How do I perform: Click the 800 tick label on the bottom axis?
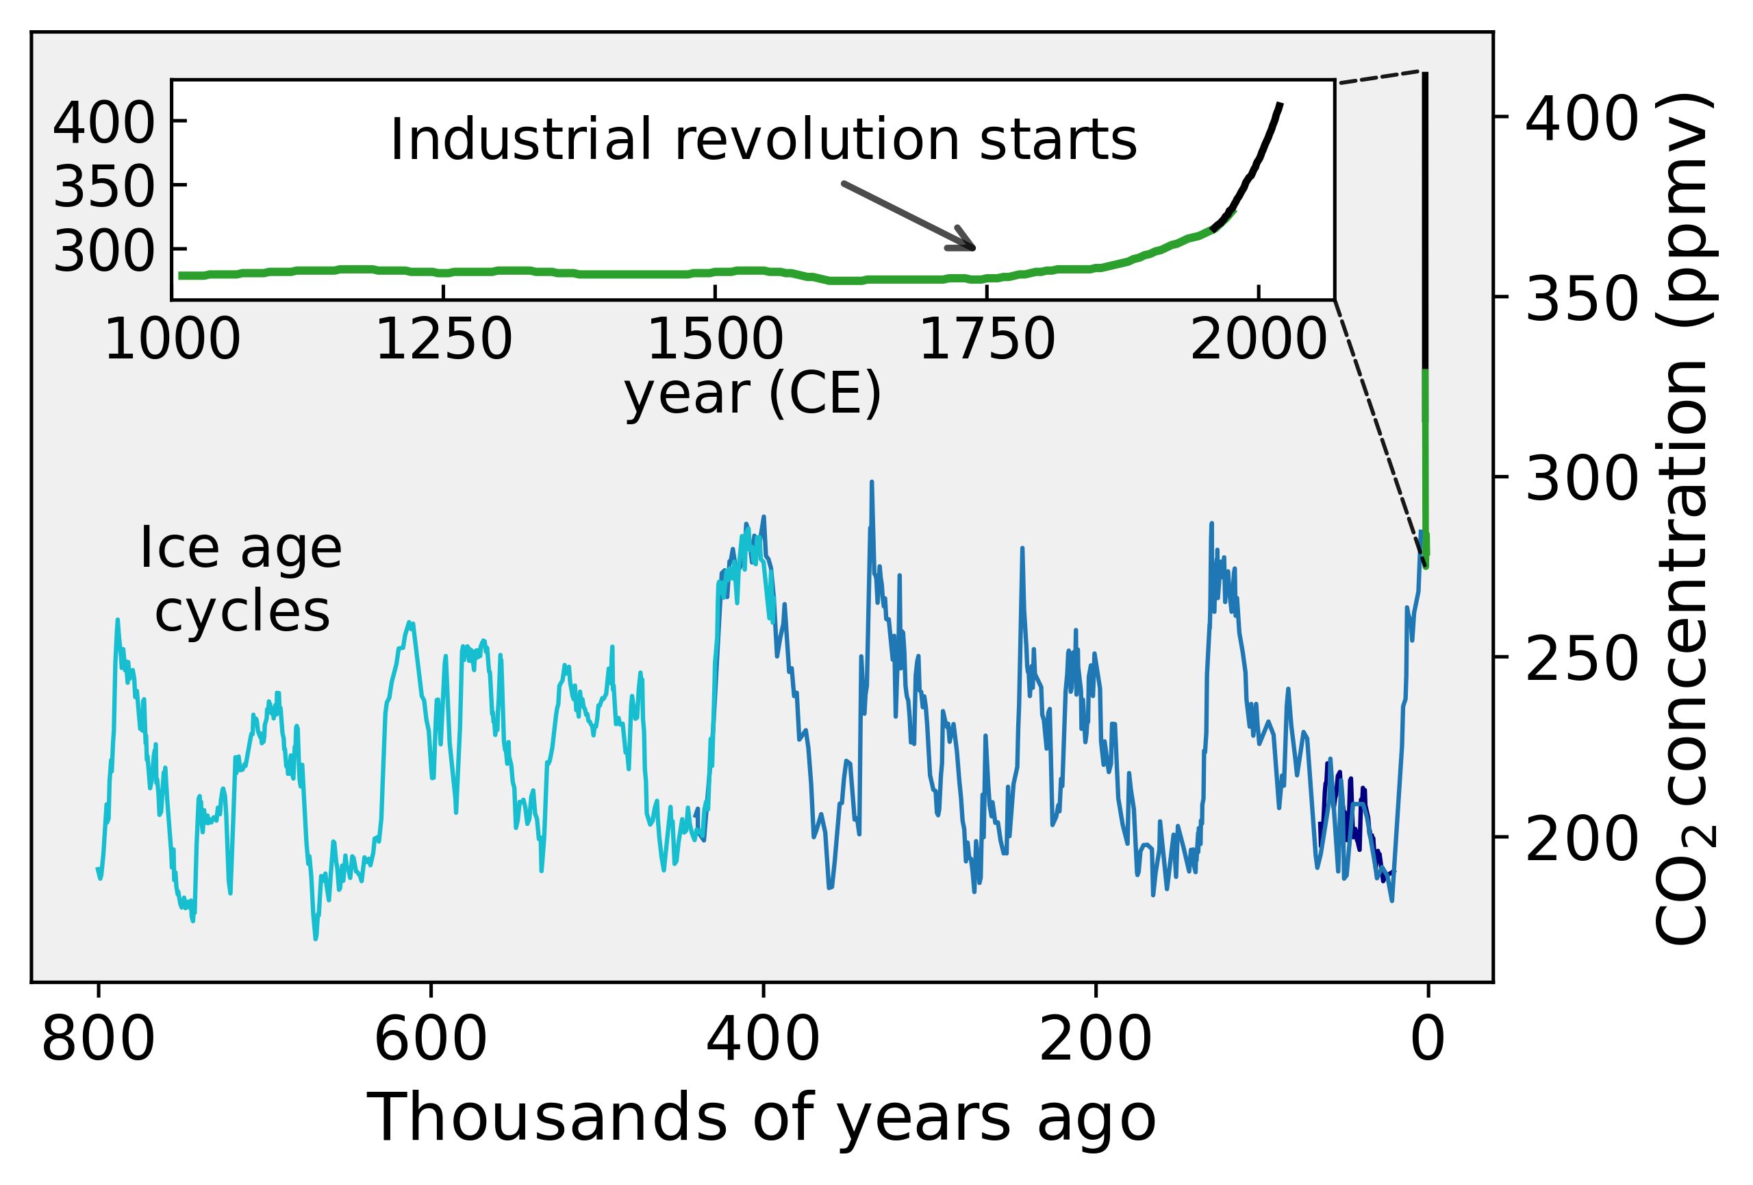pyautogui.click(x=98, y=1040)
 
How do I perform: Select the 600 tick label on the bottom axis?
pyautogui.click(x=431, y=1040)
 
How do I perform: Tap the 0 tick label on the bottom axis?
pyautogui.click(x=1428, y=1040)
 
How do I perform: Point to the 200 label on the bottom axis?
pyautogui.click(x=1095, y=1040)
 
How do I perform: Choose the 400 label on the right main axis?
pyautogui.click(x=1582, y=119)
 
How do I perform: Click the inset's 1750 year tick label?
pyautogui.click(x=987, y=339)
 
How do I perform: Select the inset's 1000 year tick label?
pyautogui.click(x=172, y=339)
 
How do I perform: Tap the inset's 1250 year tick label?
pyautogui.click(x=444, y=339)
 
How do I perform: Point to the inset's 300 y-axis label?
pyautogui.click(x=104, y=252)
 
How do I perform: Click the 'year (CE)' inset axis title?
pyautogui.click(x=752, y=394)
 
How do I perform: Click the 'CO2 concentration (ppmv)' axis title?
pyautogui.click(x=1684, y=519)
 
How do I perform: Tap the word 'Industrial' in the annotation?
pyautogui.click(x=520, y=140)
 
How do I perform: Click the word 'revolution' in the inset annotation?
pyautogui.click(x=817, y=140)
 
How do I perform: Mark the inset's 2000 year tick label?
pyautogui.click(x=1258, y=339)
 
